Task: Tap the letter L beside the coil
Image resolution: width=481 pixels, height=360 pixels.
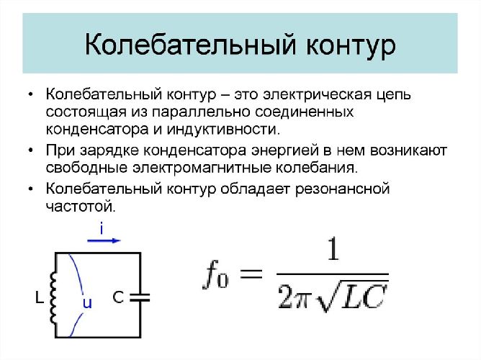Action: coord(39,296)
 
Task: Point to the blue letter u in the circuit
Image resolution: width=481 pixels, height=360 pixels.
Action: coord(86,303)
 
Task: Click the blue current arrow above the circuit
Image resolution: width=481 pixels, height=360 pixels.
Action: coord(102,242)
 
